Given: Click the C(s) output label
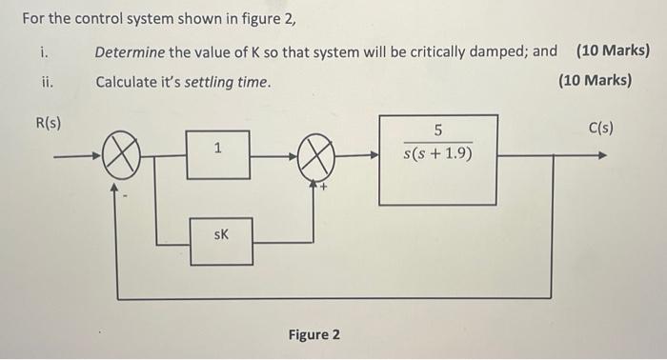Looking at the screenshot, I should [601, 128].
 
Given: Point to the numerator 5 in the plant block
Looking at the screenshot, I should [437, 130].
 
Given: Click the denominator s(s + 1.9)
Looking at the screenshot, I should [437, 152].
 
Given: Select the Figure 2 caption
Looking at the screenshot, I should [313, 334].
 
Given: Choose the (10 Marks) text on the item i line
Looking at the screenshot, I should [613, 50].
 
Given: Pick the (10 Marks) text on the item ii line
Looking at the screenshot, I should [596, 81].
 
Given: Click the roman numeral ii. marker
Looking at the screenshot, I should [48, 82].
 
